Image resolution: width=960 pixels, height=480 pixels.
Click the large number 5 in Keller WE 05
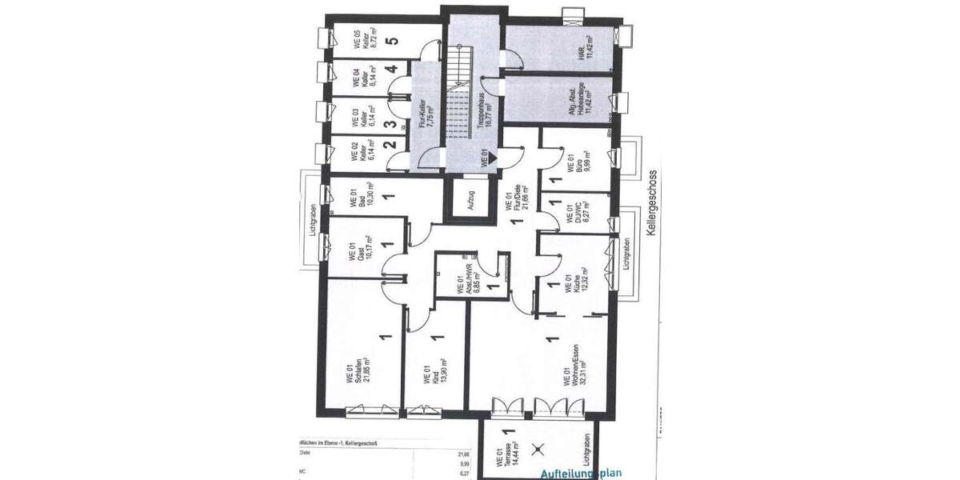click(x=391, y=42)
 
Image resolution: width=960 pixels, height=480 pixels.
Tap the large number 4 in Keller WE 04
click(x=391, y=70)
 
